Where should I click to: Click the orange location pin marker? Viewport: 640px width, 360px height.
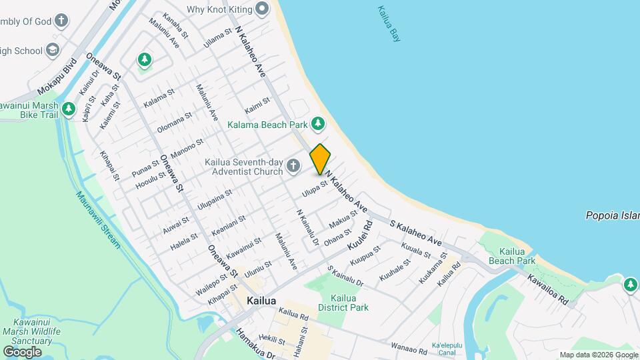coord(320,159)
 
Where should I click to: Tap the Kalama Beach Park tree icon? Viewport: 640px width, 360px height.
coord(319,123)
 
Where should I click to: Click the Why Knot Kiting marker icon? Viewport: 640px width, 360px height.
coord(262,9)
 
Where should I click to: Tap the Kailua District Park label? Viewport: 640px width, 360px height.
coord(343,303)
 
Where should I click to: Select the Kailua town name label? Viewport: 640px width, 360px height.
coord(261,301)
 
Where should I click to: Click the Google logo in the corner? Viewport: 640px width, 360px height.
coord(22,351)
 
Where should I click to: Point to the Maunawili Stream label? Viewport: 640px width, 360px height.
coord(98,220)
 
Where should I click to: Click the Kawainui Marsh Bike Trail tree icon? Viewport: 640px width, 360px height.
coord(68,109)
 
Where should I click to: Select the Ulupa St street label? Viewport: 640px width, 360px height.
coord(315,189)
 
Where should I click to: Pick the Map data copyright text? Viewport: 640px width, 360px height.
coord(598,355)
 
